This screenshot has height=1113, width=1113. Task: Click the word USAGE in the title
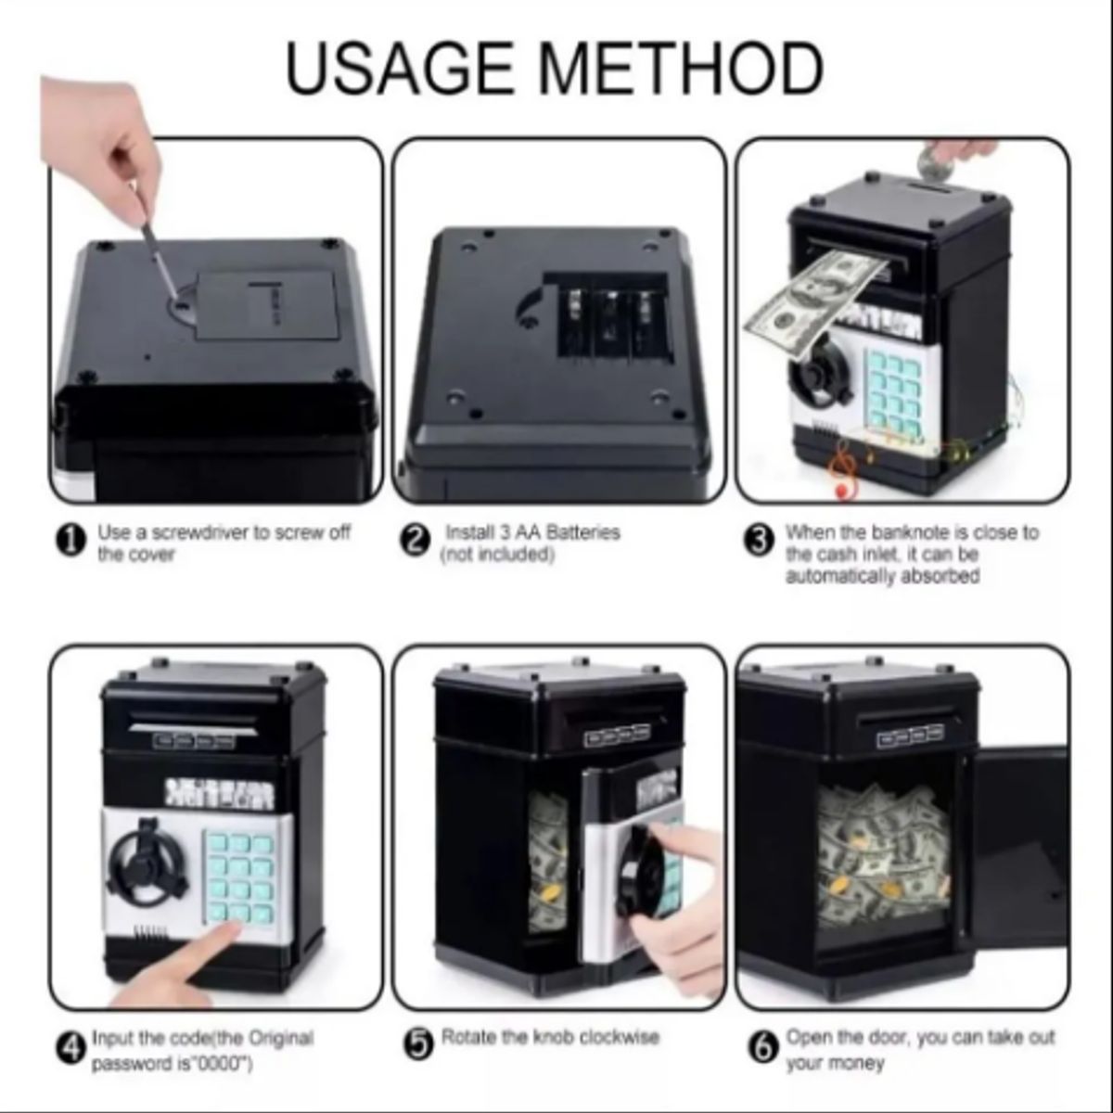coord(400,68)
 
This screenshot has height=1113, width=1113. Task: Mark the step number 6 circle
coord(762,1046)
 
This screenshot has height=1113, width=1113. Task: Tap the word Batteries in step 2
coord(582,532)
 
